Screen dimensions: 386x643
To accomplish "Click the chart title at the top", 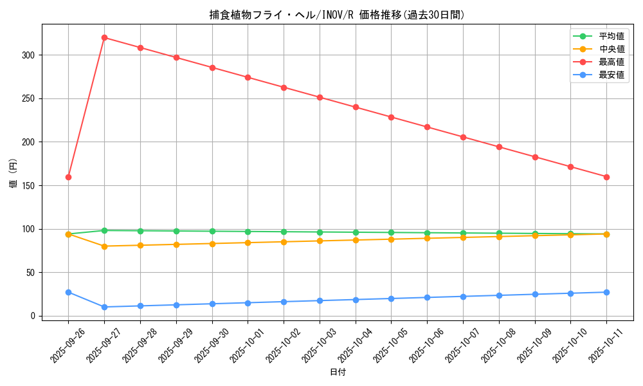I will coord(337,15).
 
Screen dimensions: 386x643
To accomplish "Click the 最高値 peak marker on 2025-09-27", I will coord(104,37).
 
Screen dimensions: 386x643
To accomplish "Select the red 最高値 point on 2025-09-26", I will coord(68,177).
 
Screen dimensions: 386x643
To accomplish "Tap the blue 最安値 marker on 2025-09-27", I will coord(104,307).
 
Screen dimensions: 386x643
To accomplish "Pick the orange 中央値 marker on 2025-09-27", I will coord(104,246).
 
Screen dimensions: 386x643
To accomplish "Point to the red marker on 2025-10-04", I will coord(356,107).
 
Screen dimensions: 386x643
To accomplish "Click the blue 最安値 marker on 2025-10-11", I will coord(606,292).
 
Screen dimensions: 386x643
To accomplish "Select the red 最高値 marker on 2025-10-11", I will coord(606,177).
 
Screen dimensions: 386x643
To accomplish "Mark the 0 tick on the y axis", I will coord(35,316).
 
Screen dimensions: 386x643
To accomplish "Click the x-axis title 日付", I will coord(338,372).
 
